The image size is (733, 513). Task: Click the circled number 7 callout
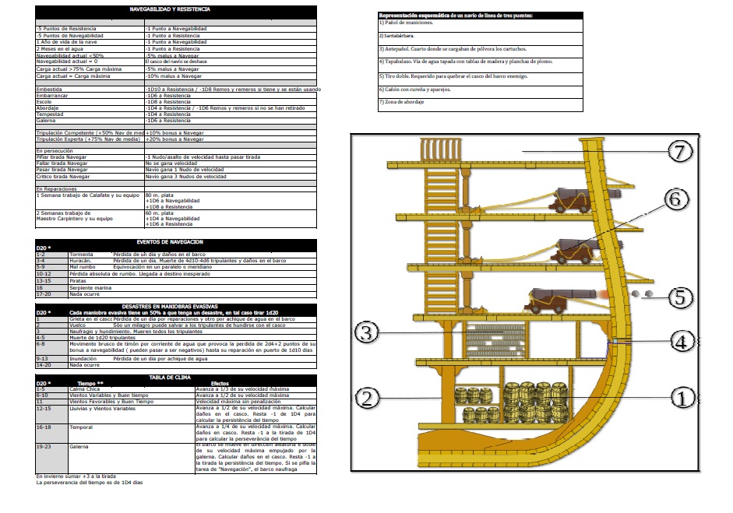click(x=680, y=152)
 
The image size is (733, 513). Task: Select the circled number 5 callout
click(x=680, y=297)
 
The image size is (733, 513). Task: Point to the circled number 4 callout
click(x=680, y=340)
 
